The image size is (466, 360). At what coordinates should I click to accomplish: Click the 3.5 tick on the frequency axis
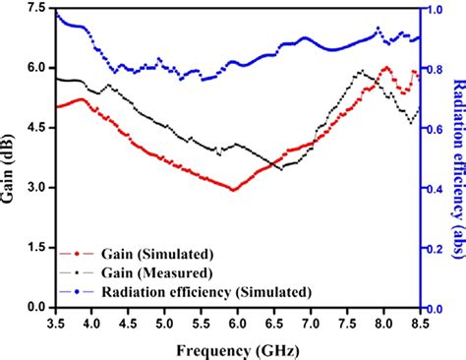pos(56,322)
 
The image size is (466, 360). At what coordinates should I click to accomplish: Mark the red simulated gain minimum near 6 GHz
pos(233,189)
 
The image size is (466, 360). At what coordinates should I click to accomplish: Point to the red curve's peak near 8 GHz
pos(387,68)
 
